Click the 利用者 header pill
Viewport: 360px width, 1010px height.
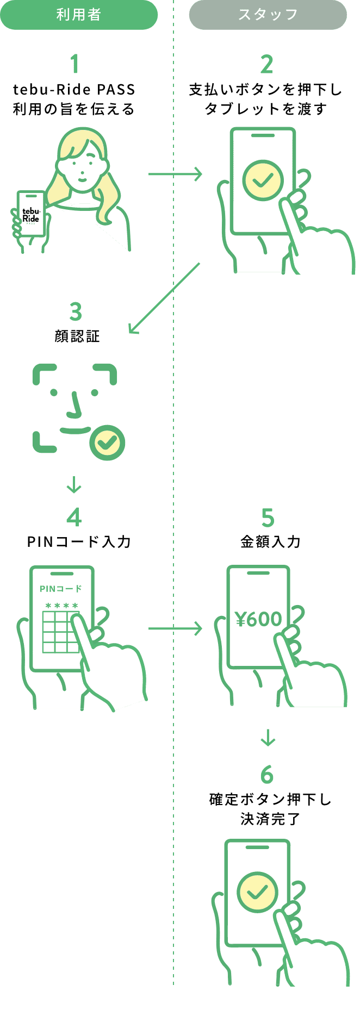tap(79, 15)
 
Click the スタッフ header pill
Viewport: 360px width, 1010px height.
tap(268, 15)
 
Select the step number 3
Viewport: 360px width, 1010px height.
tap(76, 312)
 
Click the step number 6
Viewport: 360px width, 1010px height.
tap(266, 775)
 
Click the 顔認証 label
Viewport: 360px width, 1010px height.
tap(77, 336)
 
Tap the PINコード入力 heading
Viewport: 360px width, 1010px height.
tap(79, 541)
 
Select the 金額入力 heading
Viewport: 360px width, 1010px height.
tap(270, 541)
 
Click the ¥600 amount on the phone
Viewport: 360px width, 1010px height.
tap(258, 619)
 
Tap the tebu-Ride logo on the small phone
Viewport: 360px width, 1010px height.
tap(31, 215)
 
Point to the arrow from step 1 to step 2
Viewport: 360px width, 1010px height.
tap(175, 174)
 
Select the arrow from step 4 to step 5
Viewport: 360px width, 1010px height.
tap(175, 629)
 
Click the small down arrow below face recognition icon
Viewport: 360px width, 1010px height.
tap(74, 484)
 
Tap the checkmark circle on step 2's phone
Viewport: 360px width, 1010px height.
tap(263, 180)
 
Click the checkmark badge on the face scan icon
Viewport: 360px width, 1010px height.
tap(107, 443)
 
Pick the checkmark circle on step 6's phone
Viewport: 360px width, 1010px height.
tap(257, 892)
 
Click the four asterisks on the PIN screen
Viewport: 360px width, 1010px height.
tap(62, 606)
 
